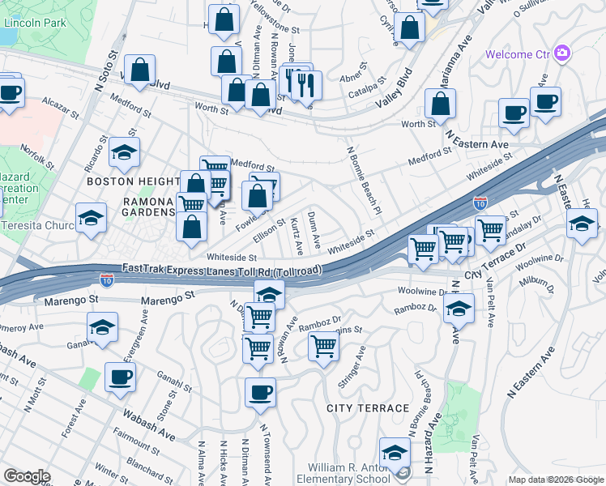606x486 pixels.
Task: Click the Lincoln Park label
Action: pos(34,23)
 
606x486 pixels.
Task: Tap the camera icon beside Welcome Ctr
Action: pos(562,54)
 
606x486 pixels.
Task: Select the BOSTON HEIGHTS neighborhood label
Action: pos(132,182)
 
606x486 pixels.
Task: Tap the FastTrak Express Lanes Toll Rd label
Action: pos(222,269)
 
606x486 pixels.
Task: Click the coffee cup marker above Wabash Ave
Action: pos(120,377)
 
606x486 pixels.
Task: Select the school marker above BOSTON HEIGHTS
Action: pos(124,152)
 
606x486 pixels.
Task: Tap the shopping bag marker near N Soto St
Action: pos(139,70)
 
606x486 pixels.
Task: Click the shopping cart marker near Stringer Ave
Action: pos(324,347)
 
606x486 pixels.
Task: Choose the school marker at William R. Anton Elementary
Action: pos(395,452)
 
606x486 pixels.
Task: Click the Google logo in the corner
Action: pos(27,476)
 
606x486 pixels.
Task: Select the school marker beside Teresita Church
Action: pos(91,217)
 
